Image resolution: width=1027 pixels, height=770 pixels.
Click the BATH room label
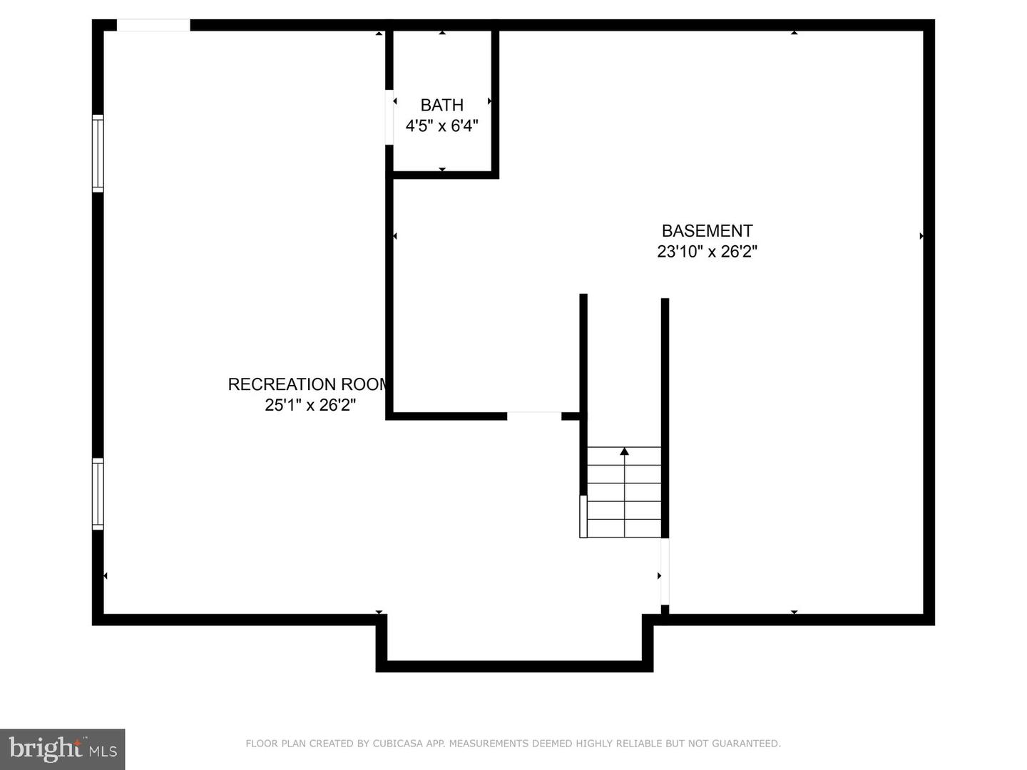tap(441, 106)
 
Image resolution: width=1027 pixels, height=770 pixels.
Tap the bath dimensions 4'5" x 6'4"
tap(441, 126)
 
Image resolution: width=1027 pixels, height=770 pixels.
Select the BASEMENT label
tap(707, 231)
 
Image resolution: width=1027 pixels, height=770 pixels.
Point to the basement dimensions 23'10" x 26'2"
tap(707, 252)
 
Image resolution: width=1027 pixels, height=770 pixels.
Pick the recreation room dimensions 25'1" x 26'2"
tap(310, 405)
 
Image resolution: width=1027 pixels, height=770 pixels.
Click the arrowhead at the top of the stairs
tap(625, 451)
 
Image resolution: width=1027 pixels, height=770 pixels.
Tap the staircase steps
tap(625, 492)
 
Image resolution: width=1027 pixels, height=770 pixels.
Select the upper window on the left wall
tap(98, 153)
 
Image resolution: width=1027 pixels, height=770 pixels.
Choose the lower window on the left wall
tap(98, 493)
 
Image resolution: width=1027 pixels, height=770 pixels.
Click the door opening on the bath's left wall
tap(389, 118)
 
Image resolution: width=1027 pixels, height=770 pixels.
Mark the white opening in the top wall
tap(153, 26)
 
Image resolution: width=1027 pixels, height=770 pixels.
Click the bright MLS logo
tap(63, 749)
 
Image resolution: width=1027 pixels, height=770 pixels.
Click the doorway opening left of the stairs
tap(534, 416)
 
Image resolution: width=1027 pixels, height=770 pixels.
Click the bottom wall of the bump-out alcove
tap(514, 667)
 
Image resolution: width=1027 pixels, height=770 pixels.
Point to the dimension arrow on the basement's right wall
tap(921, 236)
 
